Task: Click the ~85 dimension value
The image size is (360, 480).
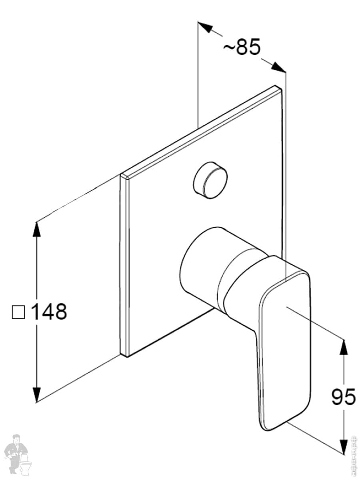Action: (x=242, y=47)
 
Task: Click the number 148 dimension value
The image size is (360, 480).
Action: (x=49, y=312)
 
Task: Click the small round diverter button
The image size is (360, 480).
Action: (x=209, y=180)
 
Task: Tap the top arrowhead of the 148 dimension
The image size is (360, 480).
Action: (x=37, y=228)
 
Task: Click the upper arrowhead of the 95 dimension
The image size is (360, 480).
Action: (x=343, y=346)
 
